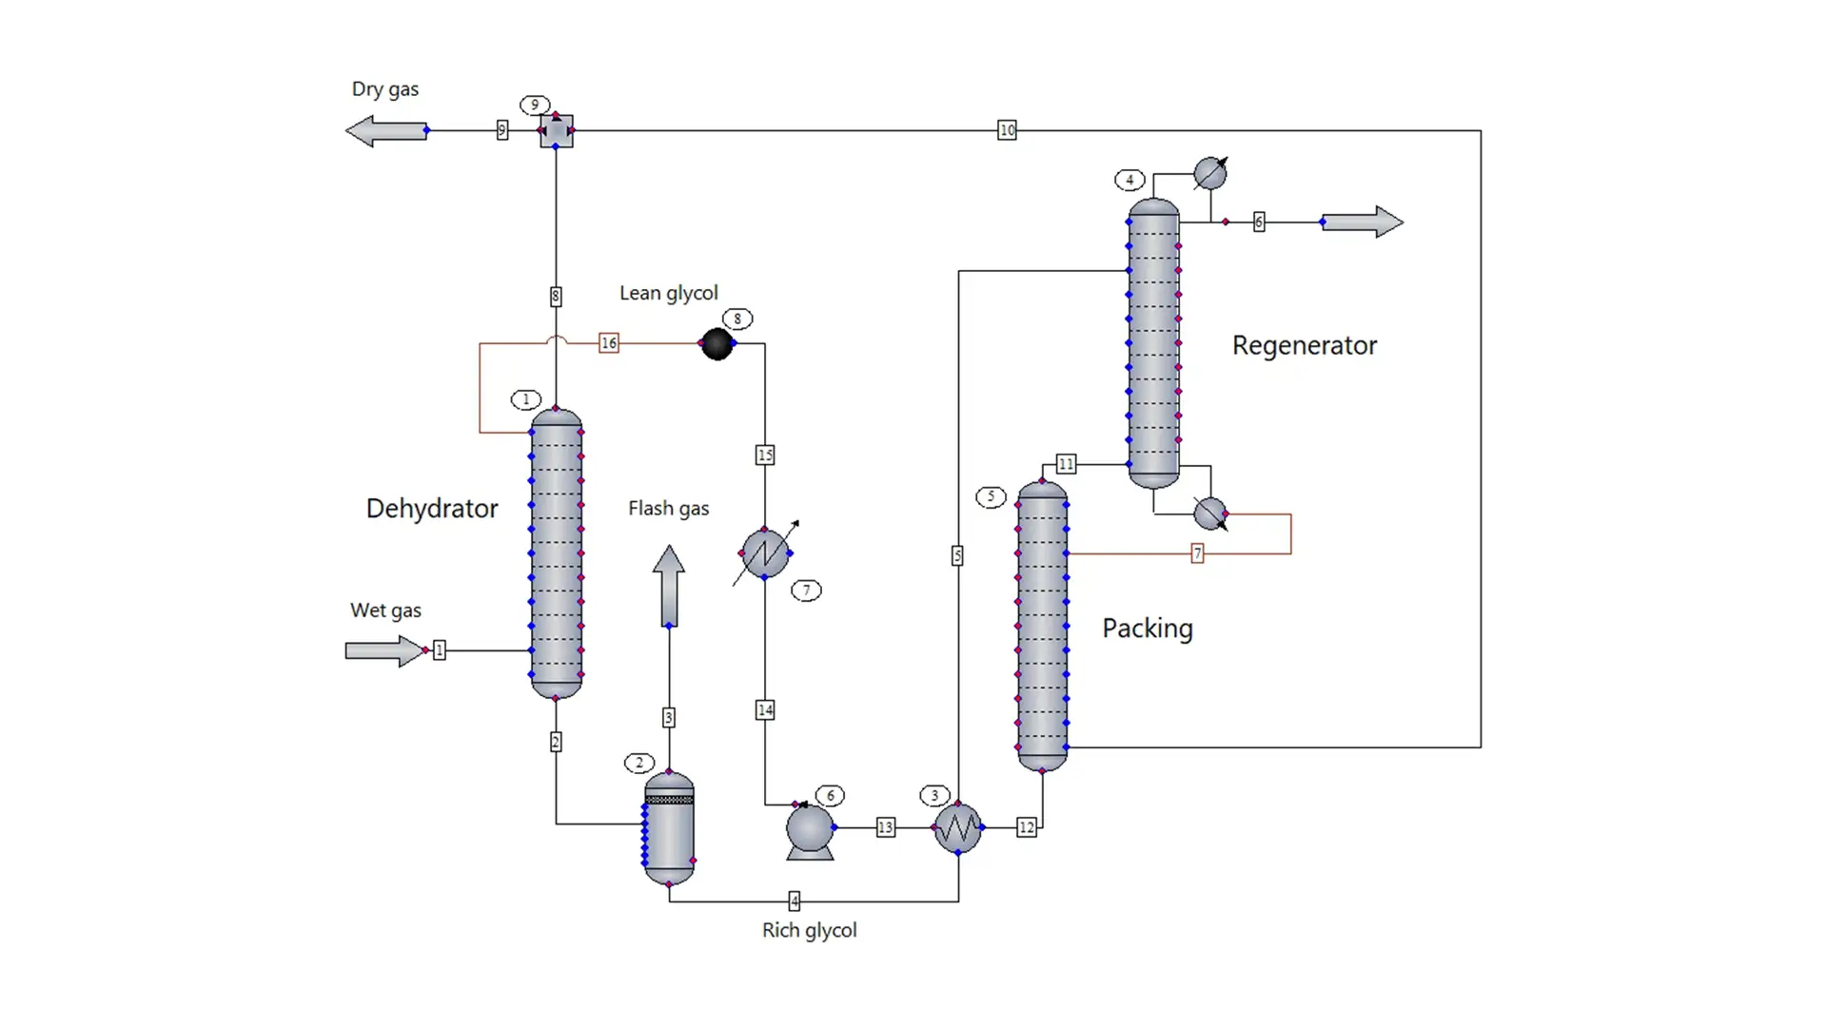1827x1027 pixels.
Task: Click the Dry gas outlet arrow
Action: (x=386, y=130)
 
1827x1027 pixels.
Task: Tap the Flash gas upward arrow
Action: (x=669, y=586)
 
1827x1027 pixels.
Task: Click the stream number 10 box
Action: (x=1007, y=130)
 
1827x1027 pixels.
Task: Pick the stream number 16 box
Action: (x=609, y=343)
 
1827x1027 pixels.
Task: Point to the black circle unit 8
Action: (x=717, y=343)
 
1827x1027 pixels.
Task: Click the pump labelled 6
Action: (x=810, y=830)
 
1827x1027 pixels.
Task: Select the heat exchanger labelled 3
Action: (x=958, y=828)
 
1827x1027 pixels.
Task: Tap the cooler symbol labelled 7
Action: (x=765, y=552)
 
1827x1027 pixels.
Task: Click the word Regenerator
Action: (x=1304, y=345)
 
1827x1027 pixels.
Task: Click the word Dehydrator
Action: (x=431, y=509)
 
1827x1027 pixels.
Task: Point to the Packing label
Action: (x=1147, y=629)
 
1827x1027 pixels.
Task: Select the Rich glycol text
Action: (x=809, y=930)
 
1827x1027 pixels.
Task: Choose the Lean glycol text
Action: (x=668, y=293)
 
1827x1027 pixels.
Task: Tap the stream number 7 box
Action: (x=1197, y=553)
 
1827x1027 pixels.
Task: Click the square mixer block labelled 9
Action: (x=557, y=130)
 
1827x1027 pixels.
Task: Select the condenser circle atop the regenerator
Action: (x=1209, y=173)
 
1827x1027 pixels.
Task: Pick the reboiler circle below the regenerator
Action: (x=1209, y=513)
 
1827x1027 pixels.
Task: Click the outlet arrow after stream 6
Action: (x=1362, y=222)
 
